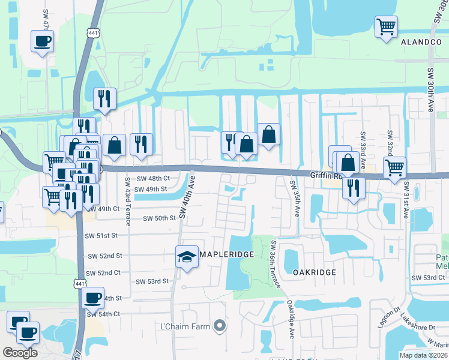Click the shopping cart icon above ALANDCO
386,27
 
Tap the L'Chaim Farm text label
185,326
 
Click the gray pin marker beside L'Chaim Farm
220,326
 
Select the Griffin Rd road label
325,175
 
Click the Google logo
20,353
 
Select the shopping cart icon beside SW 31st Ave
394,167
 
